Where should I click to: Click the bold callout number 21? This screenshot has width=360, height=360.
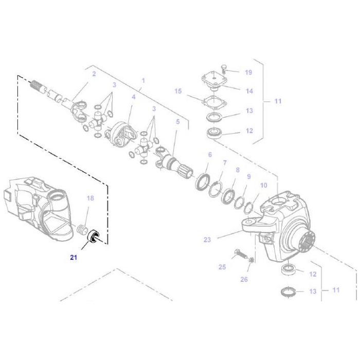[x=74, y=258]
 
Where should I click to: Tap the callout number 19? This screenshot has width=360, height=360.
[x=248, y=73]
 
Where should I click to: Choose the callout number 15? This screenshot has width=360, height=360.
[x=178, y=91]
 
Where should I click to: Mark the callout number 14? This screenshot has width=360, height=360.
[x=249, y=91]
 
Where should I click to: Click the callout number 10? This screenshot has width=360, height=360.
[x=263, y=185]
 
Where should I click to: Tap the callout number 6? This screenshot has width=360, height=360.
[x=209, y=155]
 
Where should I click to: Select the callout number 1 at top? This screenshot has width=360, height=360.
[x=143, y=81]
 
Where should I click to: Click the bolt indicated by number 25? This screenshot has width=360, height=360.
[x=239, y=254]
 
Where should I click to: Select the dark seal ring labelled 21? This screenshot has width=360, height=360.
[x=94, y=237]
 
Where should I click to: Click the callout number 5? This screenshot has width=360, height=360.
[x=177, y=122]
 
